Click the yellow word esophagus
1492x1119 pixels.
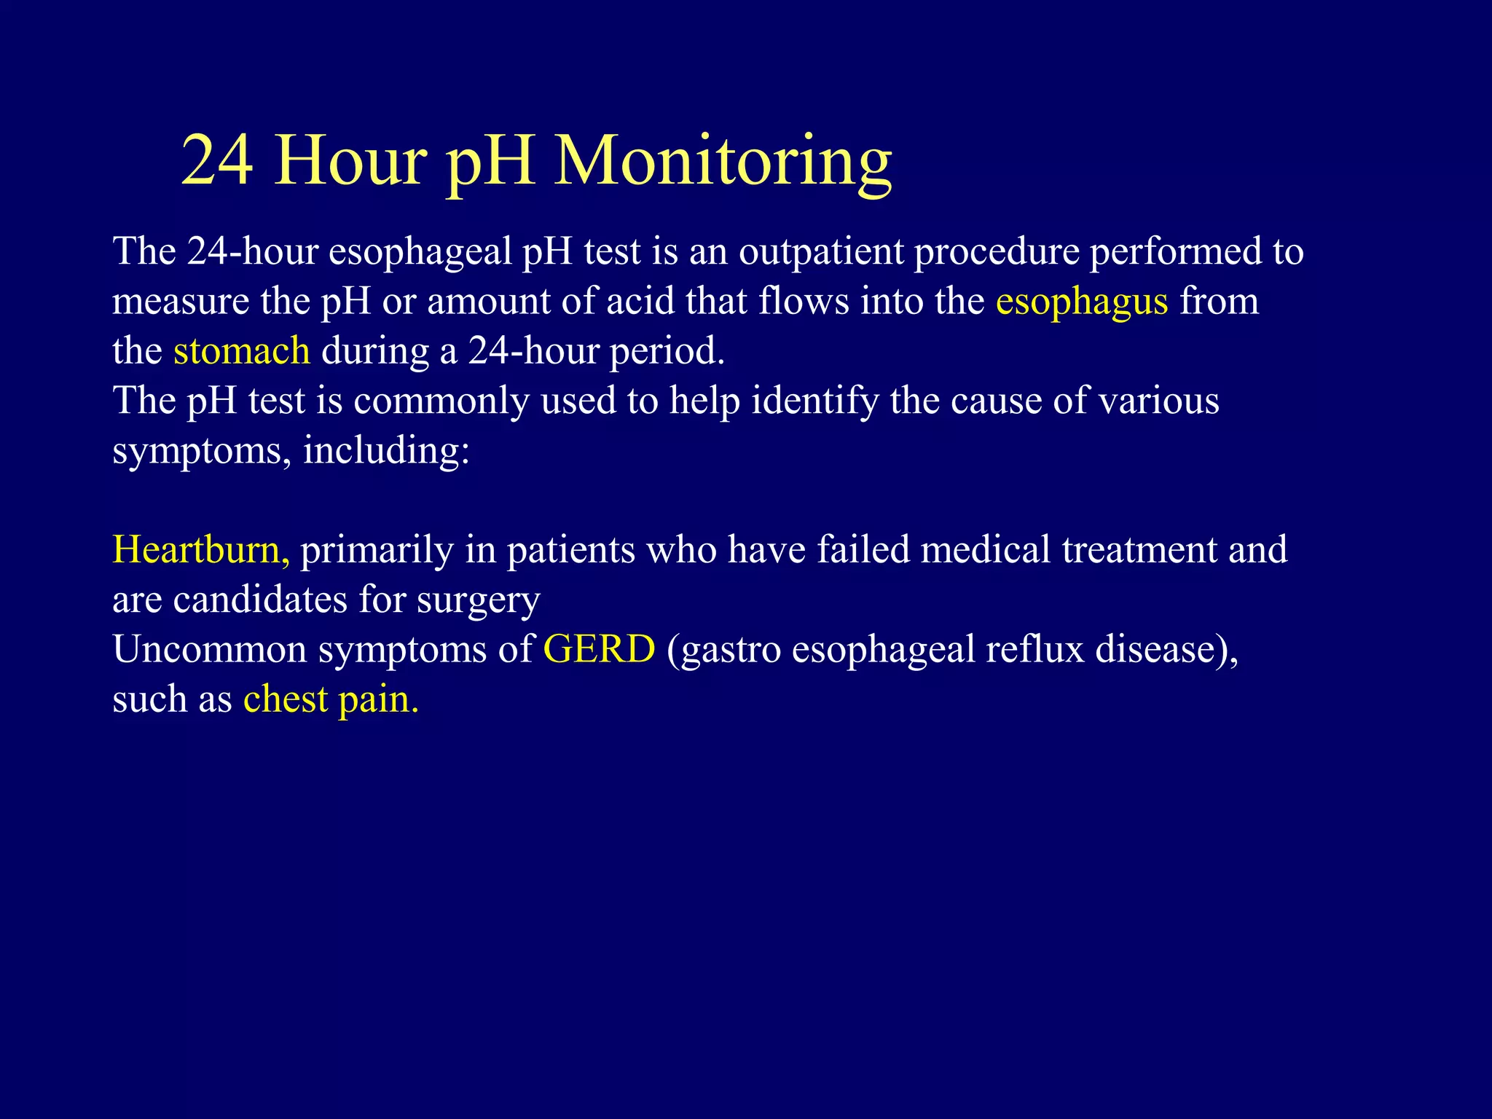point(1081,302)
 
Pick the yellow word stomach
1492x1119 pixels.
point(241,351)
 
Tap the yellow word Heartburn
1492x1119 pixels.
point(200,549)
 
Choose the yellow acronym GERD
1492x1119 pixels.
point(599,649)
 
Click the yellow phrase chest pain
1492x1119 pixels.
point(331,699)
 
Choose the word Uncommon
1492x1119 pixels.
point(210,649)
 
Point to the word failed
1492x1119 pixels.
point(863,549)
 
